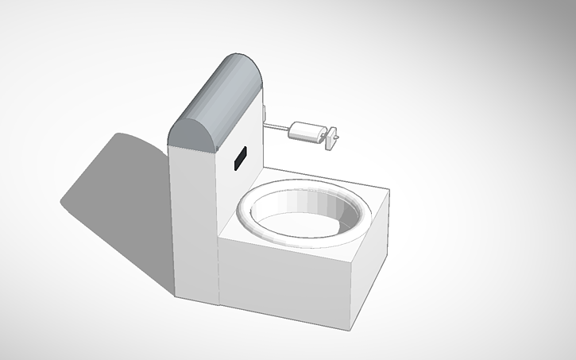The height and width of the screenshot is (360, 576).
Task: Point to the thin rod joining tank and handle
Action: tap(276, 127)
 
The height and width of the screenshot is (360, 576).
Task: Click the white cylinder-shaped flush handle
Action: tap(307, 131)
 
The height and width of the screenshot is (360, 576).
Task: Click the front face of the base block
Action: tap(286, 290)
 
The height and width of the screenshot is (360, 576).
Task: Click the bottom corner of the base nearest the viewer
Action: tap(350, 328)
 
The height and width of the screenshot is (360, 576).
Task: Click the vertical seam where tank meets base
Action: tap(218, 270)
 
